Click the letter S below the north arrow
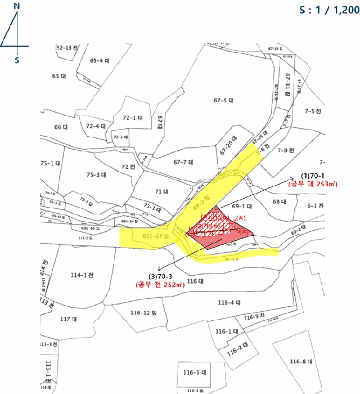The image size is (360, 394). [x=17, y=60]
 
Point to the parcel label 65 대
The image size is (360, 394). [x=59, y=75]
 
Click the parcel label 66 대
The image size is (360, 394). [x=61, y=127]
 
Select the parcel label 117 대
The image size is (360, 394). [x=67, y=319]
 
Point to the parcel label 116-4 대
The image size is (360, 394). [x=229, y=303]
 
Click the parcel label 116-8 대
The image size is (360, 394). [x=301, y=361]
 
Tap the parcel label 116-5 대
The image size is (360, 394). [x=196, y=373]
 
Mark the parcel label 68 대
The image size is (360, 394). [x=280, y=201]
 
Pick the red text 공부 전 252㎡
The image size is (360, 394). [x=160, y=285]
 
